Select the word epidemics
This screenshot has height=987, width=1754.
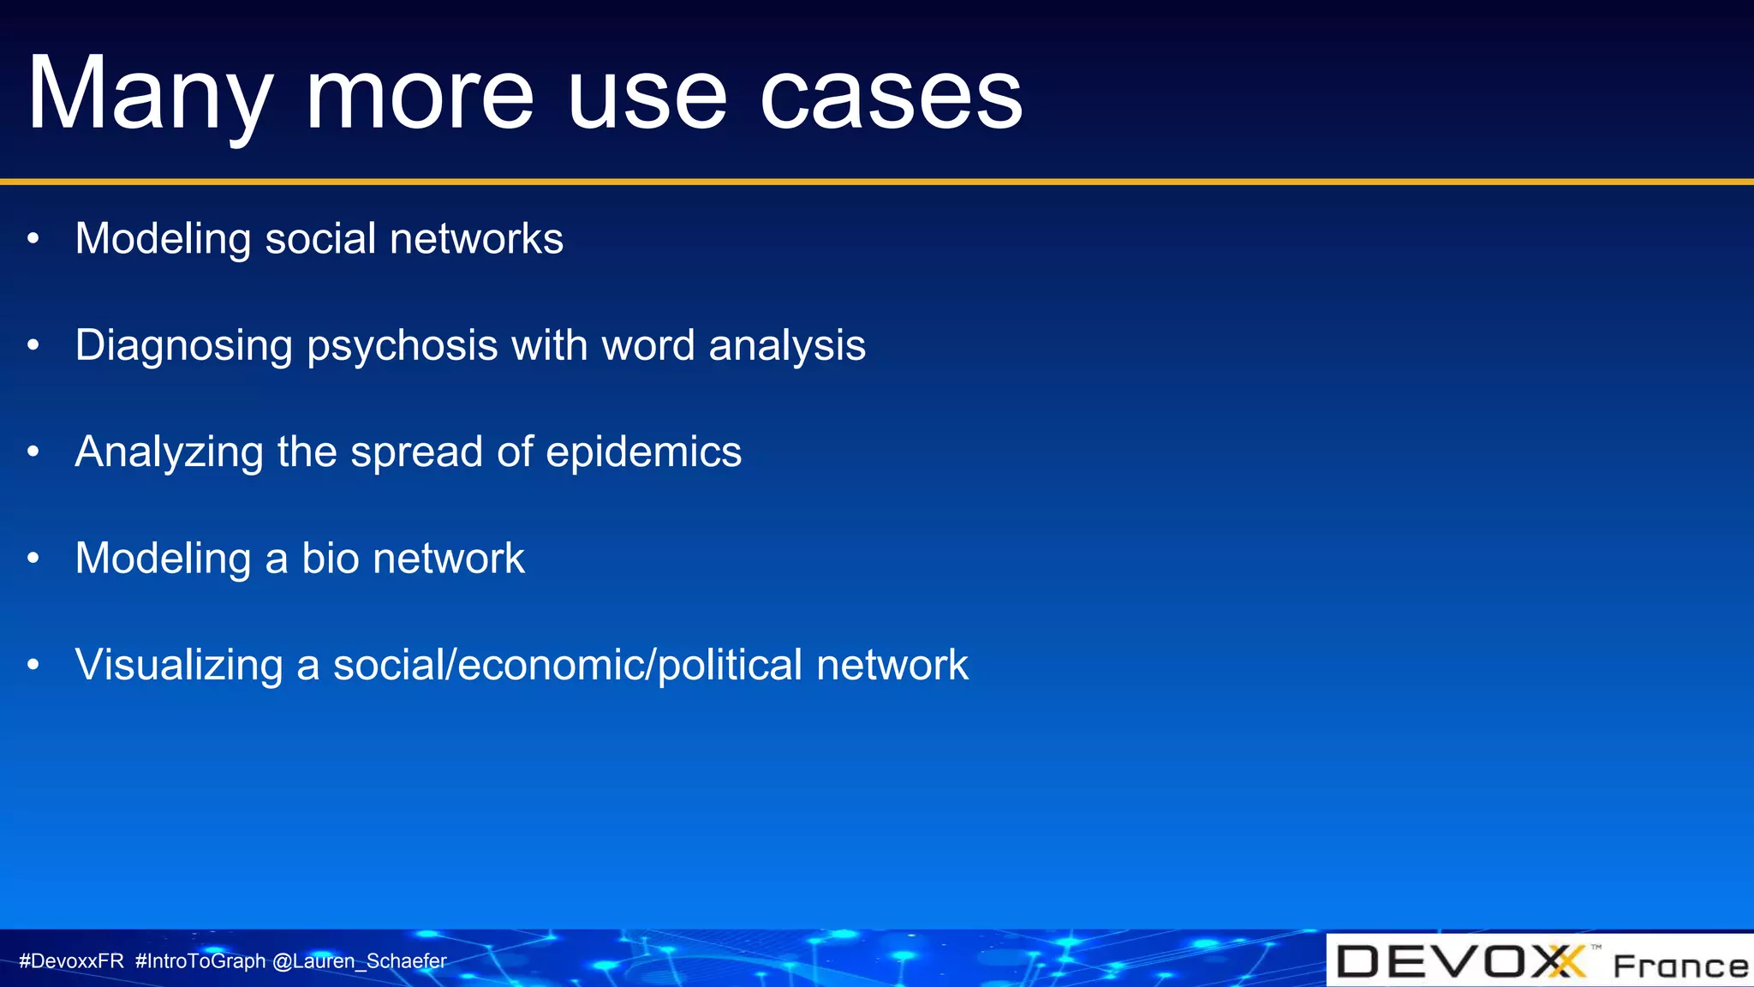(644, 452)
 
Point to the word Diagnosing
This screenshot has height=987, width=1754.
(183, 346)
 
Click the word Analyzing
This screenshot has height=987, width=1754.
(169, 452)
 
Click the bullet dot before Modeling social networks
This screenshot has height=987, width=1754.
(33, 239)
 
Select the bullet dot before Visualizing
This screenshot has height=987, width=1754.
(33, 665)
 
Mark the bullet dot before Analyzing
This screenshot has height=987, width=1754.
(33, 452)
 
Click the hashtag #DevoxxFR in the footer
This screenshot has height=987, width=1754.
(72, 961)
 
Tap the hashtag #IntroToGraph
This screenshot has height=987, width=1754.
(200, 961)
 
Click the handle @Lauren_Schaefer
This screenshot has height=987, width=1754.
(359, 961)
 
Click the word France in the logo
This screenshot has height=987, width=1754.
(1680, 966)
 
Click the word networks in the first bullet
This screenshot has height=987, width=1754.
(476, 239)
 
